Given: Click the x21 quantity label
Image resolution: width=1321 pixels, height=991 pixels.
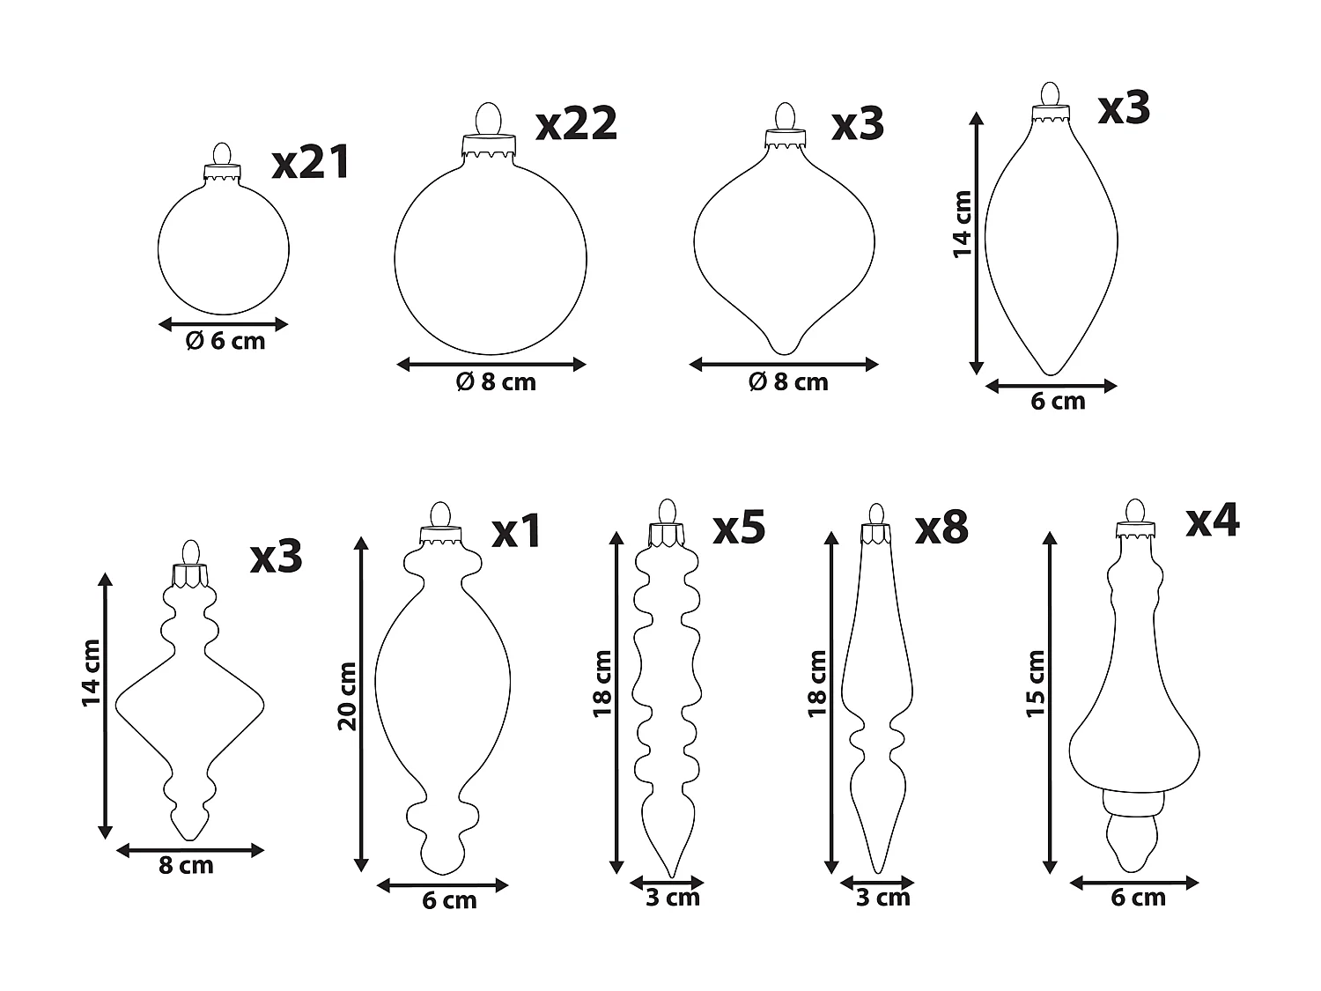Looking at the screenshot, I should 311,163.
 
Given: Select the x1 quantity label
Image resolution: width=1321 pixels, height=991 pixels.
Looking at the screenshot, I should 518,531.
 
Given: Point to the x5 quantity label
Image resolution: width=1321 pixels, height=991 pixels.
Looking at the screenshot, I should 739,527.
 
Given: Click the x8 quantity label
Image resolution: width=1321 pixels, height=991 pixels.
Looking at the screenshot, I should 941,527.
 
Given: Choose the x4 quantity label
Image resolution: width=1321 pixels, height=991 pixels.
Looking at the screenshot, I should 1212,520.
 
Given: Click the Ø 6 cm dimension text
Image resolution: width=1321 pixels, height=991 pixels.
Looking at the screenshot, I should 225,341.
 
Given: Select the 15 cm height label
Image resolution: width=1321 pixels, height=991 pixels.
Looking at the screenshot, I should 1036,684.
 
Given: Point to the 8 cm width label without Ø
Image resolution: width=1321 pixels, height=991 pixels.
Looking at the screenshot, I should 186,865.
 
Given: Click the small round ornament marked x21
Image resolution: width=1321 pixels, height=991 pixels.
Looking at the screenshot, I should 224,249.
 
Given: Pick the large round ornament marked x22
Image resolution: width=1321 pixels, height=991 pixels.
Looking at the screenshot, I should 491,255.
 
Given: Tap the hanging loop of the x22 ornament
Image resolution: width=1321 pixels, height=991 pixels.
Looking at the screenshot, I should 487,119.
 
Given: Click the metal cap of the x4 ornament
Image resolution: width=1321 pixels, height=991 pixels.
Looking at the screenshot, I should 1135,530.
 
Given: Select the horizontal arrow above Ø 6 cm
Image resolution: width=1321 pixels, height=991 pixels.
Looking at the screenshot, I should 224,324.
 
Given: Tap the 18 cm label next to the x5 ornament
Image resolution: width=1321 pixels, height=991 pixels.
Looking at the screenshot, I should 602,683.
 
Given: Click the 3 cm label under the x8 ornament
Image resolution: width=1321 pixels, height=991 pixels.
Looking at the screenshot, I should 882,898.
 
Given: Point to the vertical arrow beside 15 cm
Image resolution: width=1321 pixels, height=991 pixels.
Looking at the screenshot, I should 1049,701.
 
